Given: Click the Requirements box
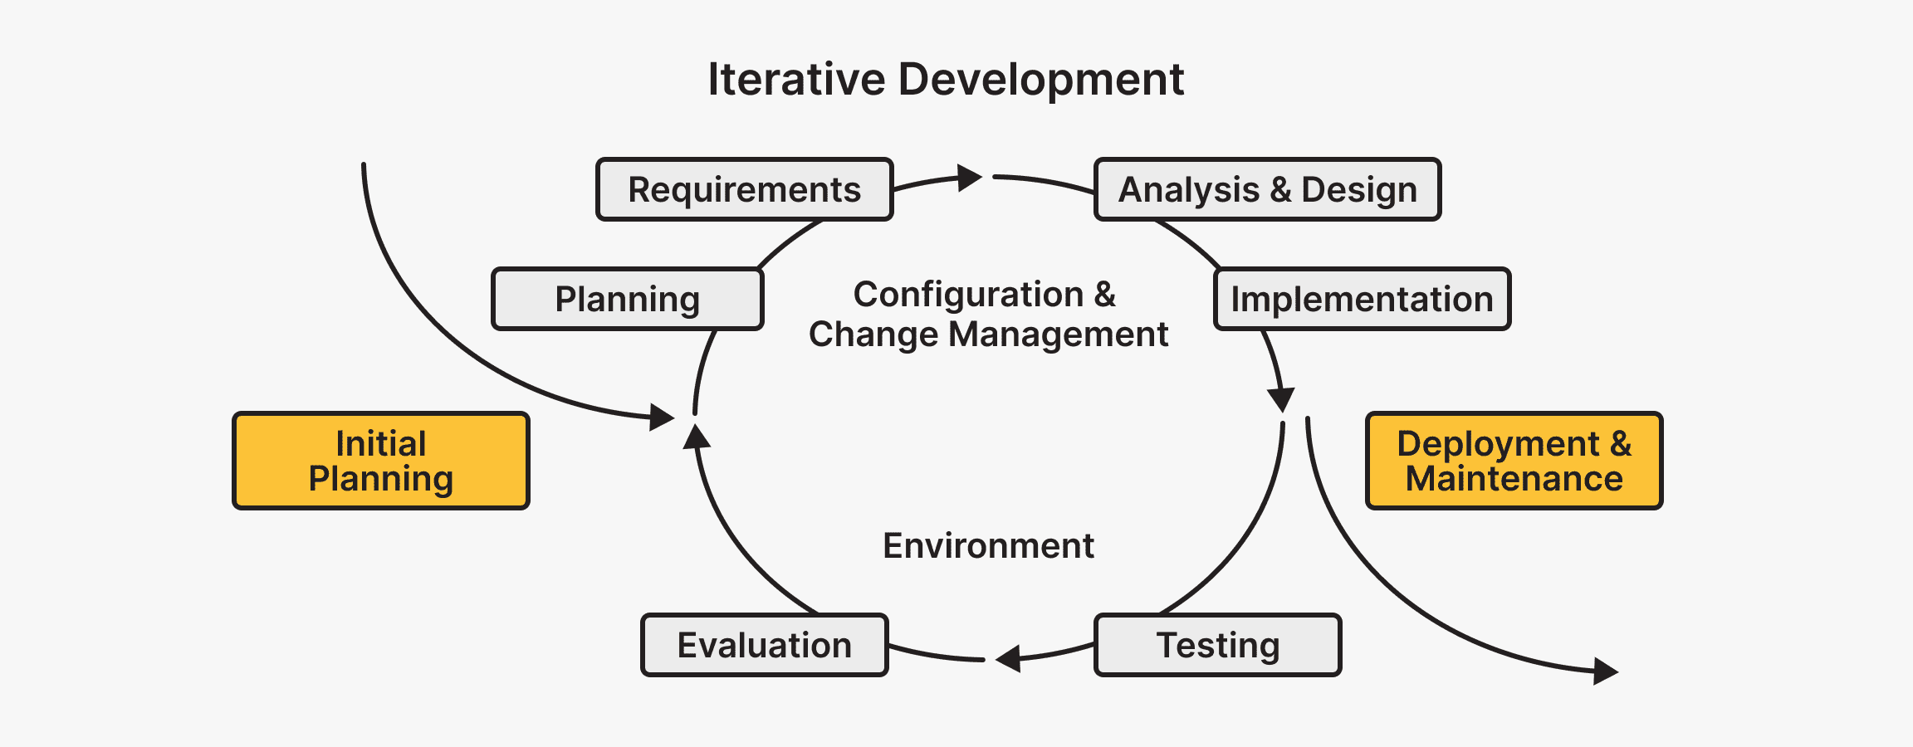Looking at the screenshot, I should tap(744, 189).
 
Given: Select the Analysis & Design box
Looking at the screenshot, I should tap(1267, 189).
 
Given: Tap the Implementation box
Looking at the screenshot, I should tap(1362, 299).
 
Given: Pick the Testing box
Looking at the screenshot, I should tap(1217, 645).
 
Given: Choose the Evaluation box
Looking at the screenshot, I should tap(764, 645).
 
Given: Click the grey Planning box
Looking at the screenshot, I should tap(627, 299).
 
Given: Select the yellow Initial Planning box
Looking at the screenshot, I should tap(380, 461).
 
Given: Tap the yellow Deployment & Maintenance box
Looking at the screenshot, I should tap(1514, 461).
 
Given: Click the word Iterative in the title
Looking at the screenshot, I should tap(796, 80).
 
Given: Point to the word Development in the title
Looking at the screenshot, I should tap(1041, 80).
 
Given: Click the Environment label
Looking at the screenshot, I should tap(988, 546).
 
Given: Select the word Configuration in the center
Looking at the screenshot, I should tap(968, 295).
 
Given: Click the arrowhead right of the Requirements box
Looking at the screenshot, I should tap(969, 178).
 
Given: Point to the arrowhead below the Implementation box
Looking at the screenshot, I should tap(1281, 398).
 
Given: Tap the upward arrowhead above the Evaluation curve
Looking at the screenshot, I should tap(696, 437).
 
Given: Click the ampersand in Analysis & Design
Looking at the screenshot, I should tap(1280, 190).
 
